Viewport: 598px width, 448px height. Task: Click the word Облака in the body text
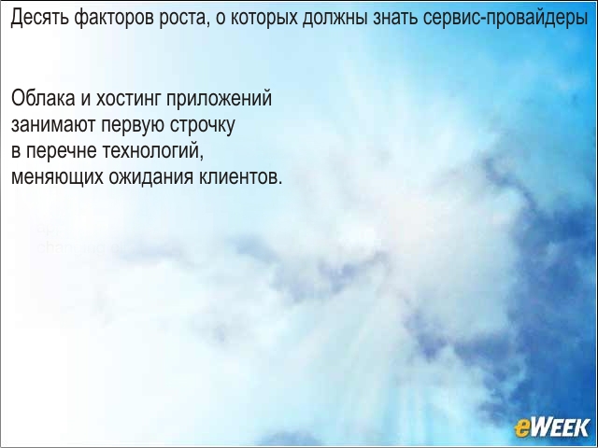point(43,99)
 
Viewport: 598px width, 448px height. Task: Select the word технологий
point(153,151)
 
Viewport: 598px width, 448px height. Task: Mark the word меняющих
point(57,177)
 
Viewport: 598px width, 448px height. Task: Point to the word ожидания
point(151,177)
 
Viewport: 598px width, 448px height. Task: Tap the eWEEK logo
point(552,427)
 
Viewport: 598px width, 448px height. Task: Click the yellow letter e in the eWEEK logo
point(521,429)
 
